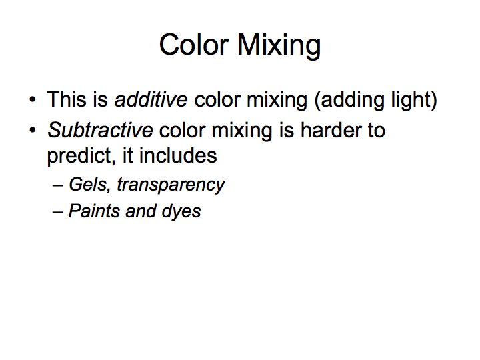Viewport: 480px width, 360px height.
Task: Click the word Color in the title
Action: click(194, 45)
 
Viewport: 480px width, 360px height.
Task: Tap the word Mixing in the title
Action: click(279, 45)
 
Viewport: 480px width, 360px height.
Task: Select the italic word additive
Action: click(151, 99)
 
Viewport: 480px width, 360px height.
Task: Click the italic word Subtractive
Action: click(100, 130)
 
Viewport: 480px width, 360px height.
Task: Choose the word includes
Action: click(178, 155)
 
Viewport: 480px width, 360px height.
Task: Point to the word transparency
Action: click(171, 185)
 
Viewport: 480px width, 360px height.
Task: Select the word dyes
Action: click(181, 212)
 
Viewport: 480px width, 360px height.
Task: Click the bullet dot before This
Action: click(33, 100)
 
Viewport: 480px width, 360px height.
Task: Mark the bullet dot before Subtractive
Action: click(33, 130)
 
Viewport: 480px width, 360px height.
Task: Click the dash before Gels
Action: click(58, 185)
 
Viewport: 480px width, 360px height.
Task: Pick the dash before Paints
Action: click(58, 212)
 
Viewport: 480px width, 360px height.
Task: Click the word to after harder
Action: click(373, 130)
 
